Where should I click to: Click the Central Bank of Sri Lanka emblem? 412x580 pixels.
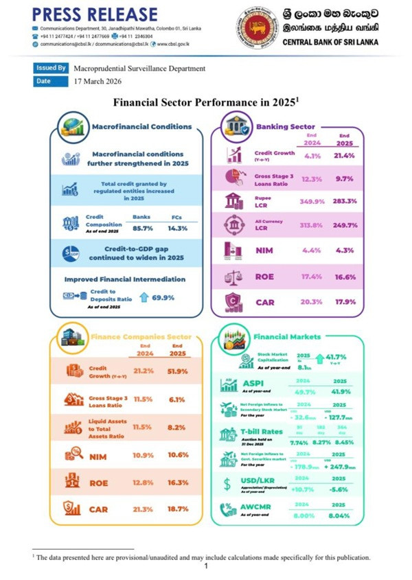click(259, 27)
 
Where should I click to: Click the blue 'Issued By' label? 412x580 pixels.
click(51, 68)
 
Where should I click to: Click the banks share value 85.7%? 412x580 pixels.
click(141, 227)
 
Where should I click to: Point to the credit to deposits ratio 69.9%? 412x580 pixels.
click(162, 298)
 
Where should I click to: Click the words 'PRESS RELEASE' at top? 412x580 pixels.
click(94, 14)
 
